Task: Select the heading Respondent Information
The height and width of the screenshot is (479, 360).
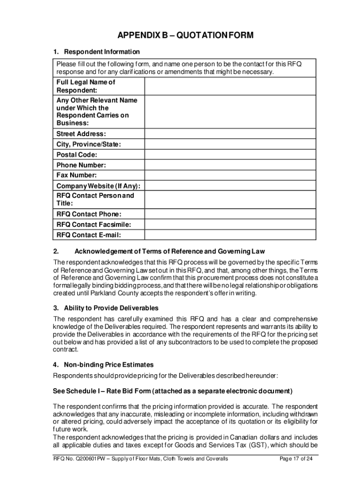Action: pos(102,51)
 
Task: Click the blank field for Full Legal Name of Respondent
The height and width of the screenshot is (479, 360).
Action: pos(230,86)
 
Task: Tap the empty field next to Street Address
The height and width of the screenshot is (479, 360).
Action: pos(230,134)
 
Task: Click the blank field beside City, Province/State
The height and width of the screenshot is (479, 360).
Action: pos(230,145)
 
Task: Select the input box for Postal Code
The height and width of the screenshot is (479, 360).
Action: pos(230,155)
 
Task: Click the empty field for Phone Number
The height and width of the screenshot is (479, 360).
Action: pos(230,165)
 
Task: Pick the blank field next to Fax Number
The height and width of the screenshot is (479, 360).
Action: pos(230,175)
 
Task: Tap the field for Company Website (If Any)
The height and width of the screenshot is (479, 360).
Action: pos(230,186)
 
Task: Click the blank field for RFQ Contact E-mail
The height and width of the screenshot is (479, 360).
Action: pos(230,235)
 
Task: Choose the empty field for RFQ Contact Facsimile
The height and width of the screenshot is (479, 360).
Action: pos(230,225)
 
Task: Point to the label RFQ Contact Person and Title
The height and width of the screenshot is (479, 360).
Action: pos(95,200)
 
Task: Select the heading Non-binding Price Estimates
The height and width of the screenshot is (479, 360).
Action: pos(108,365)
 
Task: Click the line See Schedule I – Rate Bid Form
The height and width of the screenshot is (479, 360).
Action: pos(173,391)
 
